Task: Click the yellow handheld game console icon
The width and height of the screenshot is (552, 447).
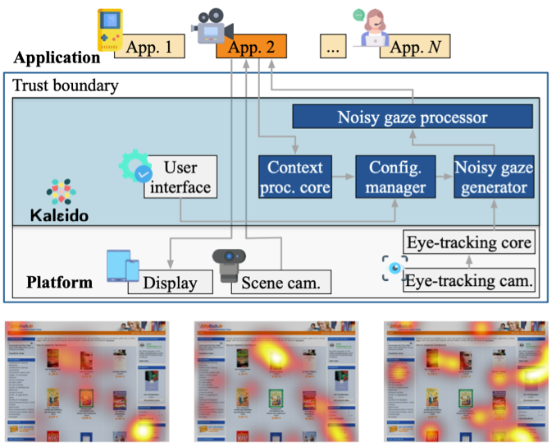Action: pos(110,29)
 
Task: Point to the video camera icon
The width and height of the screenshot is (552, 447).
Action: pos(212,26)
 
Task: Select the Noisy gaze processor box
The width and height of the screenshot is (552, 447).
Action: pos(413,118)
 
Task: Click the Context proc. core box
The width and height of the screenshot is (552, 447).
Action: pos(294,176)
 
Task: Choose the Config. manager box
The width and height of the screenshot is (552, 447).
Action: pos(395,176)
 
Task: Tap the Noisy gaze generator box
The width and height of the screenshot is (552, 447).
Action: pos(494,176)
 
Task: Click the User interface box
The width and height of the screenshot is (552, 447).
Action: pos(181,177)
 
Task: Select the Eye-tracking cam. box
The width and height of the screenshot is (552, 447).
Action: pos(470,280)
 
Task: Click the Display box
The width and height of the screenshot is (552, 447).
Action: pos(171,283)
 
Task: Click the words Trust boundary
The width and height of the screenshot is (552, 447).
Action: pos(66,85)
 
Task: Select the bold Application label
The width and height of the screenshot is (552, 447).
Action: pos(57,58)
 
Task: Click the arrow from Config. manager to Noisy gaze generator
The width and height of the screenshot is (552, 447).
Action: pos(445,176)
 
